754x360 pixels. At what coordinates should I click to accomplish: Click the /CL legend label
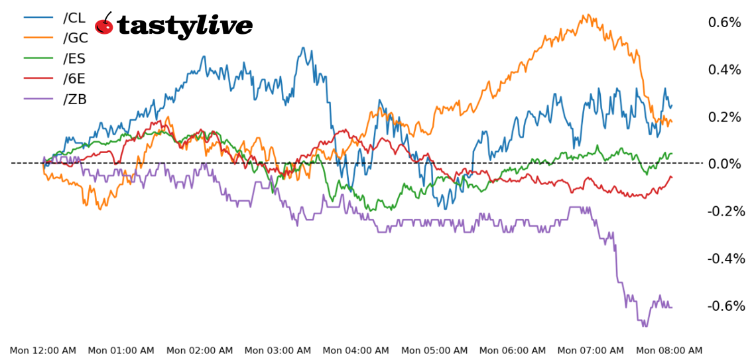pyautogui.click(x=74, y=17)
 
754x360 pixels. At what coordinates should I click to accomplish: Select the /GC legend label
pyautogui.click(x=75, y=38)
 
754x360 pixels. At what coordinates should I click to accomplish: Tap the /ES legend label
pyautogui.click(x=74, y=58)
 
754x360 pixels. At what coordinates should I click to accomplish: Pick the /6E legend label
pyautogui.click(x=74, y=79)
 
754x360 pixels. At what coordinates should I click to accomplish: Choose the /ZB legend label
pyautogui.click(x=75, y=99)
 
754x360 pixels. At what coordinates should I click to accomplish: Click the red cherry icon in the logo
pyautogui.click(x=104, y=25)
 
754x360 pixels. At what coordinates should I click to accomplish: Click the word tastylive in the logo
pyautogui.click(x=184, y=26)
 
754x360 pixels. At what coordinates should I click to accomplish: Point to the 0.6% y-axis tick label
pyautogui.click(x=724, y=23)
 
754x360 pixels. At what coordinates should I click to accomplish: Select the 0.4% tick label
pyautogui.click(x=724, y=70)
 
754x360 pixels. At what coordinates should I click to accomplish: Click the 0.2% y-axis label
pyautogui.click(x=724, y=117)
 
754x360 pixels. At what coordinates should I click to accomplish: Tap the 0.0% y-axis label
pyautogui.click(x=724, y=164)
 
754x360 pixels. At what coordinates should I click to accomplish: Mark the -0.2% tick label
pyautogui.click(x=723, y=211)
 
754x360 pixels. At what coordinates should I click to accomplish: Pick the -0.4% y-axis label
pyautogui.click(x=723, y=258)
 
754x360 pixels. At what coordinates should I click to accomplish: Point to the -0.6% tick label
pyautogui.click(x=723, y=306)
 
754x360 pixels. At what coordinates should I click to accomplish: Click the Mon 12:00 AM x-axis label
pyautogui.click(x=42, y=350)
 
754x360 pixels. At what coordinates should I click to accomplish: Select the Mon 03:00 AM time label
pyautogui.click(x=277, y=350)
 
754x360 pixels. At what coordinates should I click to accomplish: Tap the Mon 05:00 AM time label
pyautogui.click(x=434, y=350)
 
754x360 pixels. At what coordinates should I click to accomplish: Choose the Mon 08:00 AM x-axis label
pyautogui.click(x=668, y=350)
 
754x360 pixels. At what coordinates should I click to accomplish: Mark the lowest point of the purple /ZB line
pyautogui.click(x=644, y=326)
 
